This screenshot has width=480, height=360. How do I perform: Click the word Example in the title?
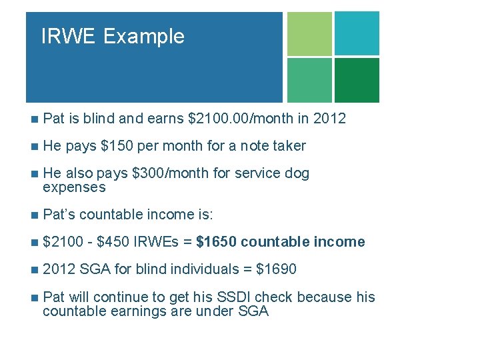click(x=144, y=36)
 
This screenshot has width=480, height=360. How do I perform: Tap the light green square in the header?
click(x=309, y=33)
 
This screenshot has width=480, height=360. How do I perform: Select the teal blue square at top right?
click(x=357, y=33)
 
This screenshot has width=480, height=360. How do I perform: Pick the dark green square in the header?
click(x=357, y=80)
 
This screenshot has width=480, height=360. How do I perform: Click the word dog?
click(x=297, y=173)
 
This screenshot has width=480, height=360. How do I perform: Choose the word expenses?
click(x=74, y=187)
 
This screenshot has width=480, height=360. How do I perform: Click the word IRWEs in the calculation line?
click(x=157, y=242)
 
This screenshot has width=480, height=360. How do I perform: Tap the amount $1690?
click(x=277, y=269)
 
